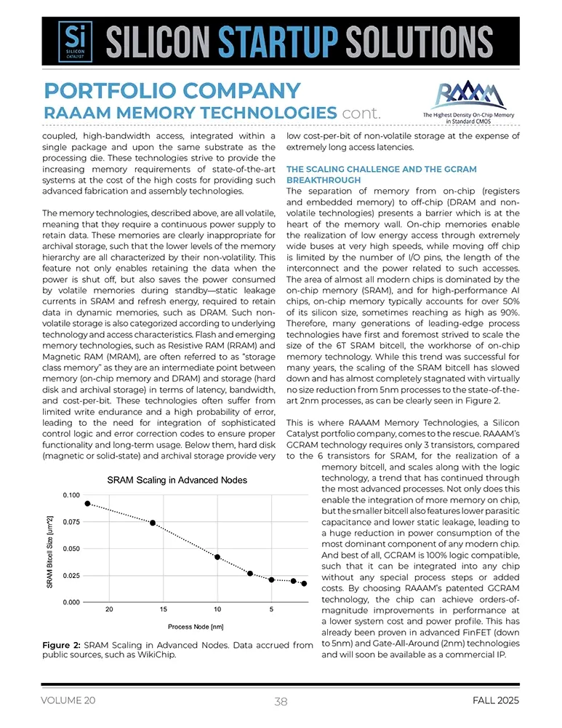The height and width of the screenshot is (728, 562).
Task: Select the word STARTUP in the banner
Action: (x=286, y=43)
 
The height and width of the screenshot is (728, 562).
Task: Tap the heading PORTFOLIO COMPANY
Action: (x=172, y=91)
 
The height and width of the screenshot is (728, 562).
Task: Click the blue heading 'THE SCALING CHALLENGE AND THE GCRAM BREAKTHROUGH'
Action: (x=382, y=175)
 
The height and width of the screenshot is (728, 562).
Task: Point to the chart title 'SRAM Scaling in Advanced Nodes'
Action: (x=177, y=480)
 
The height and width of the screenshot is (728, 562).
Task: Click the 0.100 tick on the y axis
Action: (x=71, y=495)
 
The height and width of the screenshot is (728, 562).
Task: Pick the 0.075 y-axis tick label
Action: (x=71, y=522)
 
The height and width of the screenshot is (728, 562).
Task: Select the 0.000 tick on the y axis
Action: (x=71, y=603)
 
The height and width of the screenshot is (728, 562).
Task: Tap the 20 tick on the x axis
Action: (x=109, y=609)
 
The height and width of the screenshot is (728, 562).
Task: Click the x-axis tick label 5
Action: (x=271, y=609)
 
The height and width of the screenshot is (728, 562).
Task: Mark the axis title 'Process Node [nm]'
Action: (x=196, y=626)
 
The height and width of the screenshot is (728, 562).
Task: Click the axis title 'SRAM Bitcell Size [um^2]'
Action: (x=49, y=549)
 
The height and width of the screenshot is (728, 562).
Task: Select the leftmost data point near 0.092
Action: (x=87, y=503)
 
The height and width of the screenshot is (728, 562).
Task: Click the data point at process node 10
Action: (x=217, y=557)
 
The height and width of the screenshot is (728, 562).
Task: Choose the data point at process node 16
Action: (x=153, y=523)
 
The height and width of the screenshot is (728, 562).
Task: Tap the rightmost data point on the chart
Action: (x=304, y=584)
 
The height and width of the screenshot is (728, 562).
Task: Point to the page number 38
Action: (x=281, y=702)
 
